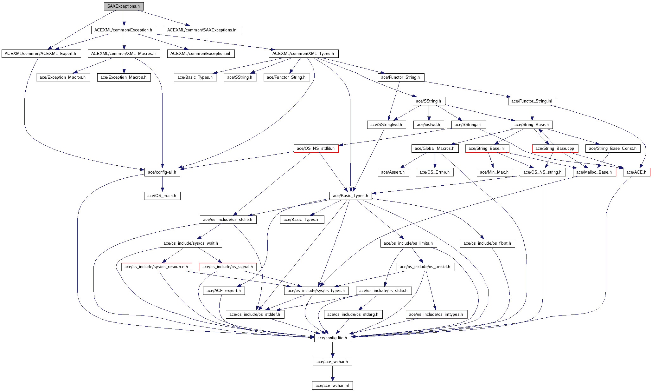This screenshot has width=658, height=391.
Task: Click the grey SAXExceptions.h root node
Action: (x=124, y=6)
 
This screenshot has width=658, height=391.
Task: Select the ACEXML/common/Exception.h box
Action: (x=124, y=30)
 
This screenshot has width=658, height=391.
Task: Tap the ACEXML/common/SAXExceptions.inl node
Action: (x=202, y=30)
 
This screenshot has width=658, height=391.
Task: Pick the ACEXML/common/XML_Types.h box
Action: (x=303, y=54)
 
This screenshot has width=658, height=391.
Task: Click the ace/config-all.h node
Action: (x=162, y=172)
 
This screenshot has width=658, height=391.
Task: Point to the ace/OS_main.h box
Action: (x=162, y=196)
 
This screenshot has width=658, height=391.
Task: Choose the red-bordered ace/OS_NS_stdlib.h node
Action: (x=316, y=149)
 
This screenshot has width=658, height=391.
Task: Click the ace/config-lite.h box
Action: (x=332, y=338)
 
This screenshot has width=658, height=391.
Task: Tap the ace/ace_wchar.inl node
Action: (x=332, y=386)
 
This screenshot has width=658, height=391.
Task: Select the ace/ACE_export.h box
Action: (x=224, y=291)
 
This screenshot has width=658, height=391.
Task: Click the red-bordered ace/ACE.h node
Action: (x=636, y=172)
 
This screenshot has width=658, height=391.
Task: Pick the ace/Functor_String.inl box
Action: (x=532, y=101)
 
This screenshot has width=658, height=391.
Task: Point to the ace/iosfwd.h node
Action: (x=429, y=125)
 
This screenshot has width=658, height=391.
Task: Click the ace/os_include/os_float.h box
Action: (x=487, y=243)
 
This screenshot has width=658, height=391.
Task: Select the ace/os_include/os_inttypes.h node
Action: (x=436, y=315)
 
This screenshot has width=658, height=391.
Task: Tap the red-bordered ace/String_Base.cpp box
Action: (x=555, y=149)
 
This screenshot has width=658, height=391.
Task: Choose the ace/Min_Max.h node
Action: (x=494, y=172)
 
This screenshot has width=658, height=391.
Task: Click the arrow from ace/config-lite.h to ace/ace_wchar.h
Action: (x=332, y=350)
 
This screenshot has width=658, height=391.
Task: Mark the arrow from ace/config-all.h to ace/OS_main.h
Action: (x=162, y=184)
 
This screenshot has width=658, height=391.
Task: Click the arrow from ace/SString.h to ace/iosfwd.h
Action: (x=429, y=113)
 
